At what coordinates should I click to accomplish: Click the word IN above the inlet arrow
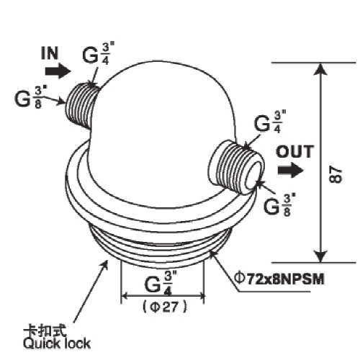pyautogui.click(x=50, y=53)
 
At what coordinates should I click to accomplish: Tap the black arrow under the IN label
pyautogui.click(x=58, y=71)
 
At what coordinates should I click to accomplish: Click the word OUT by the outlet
pyautogui.click(x=294, y=151)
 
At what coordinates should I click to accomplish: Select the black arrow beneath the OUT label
pyautogui.click(x=291, y=170)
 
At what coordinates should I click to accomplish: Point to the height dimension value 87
pyautogui.click(x=336, y=176)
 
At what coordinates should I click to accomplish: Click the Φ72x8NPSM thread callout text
pyautogui.click(x=279, y=279)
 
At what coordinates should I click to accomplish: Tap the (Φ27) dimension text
pyautogui.click(x=164, y=307)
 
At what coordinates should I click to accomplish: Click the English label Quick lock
pyautogui.click(x=57, y=343)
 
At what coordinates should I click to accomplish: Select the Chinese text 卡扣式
pyautogui.click(x=45, y=331)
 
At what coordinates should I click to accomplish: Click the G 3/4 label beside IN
pyautogui.click(x=99, y=54)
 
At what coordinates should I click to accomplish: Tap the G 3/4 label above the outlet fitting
pyautogui.click(x=270, y=122)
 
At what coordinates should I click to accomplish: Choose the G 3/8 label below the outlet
pyautogui.click(x=280, y=205)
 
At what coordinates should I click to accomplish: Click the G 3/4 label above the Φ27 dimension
pyautogui.click(x=161, y=283)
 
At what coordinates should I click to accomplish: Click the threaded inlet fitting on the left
pyautogui.click(x=81, y=106)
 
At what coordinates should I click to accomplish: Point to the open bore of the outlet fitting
pyautogui.click(x=254, y=175)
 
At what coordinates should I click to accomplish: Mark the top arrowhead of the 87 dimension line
pyautogui.click(x=321, y=69)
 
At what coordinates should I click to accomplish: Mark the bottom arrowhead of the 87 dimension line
pyautogui.click(x=321, y=257)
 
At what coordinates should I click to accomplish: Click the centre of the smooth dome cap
pyautogui.click(x=163, y=135)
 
